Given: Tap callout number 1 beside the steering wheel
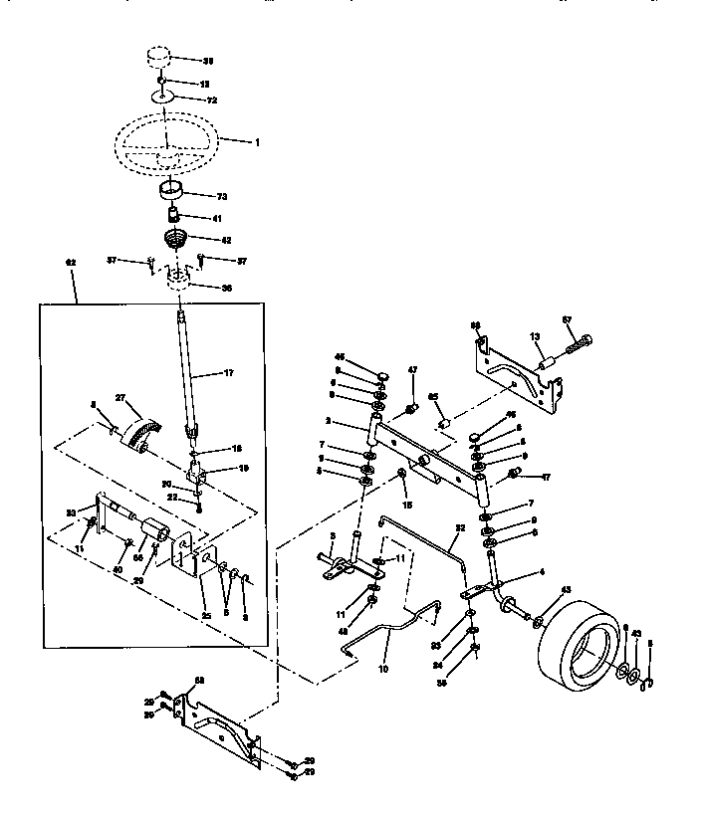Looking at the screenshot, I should [x=256, y=142].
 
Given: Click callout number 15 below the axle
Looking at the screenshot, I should [x=406, y=506].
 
